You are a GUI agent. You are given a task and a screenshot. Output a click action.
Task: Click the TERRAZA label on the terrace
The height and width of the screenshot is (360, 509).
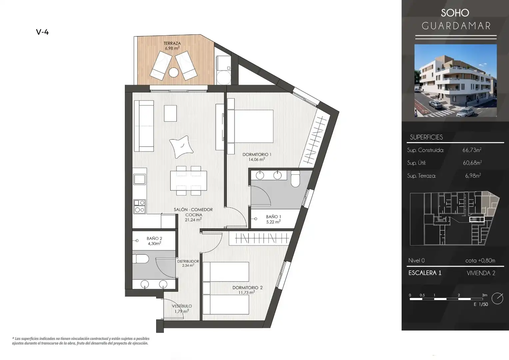[x=172, y=43]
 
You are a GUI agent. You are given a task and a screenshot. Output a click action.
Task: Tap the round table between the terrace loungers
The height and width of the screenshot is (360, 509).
[x=174, y=73]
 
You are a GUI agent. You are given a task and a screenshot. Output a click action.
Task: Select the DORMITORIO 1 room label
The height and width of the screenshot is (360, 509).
[x=257, y=154]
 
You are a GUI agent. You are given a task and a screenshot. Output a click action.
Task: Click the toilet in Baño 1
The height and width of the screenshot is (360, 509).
[x=295, y=179]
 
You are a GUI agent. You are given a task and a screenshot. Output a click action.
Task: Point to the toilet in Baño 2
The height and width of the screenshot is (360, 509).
[x=141, y=259]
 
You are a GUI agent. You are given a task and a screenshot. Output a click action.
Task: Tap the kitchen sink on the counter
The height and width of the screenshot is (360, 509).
[x=140, y=180]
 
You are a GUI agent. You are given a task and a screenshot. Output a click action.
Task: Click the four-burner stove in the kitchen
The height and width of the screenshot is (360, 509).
[x=140, y=206]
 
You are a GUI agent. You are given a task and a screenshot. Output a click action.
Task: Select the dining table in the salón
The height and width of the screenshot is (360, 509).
[x=189, y=181]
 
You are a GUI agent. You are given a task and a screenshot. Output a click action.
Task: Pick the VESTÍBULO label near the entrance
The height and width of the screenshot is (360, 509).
[x=182, y=306]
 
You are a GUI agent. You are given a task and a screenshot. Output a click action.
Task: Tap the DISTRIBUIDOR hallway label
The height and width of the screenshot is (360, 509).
[x=188, y=261]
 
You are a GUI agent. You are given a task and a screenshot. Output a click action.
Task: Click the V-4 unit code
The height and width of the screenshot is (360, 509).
[x=42, y=32]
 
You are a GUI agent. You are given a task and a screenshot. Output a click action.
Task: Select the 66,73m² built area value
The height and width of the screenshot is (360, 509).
[x=472, y=150]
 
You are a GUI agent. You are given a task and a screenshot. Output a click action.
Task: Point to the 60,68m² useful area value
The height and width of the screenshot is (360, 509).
[x=472, y=163]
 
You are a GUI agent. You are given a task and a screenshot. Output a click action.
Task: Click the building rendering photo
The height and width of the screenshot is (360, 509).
[x=456, y=81]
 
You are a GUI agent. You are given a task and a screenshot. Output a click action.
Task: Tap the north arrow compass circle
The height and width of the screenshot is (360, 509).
[x=497, y=298]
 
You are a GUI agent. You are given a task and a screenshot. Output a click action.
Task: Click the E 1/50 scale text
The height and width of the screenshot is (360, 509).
[x=481, y=304]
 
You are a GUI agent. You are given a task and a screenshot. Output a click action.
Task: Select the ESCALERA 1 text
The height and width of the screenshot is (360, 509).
[x=425, y=273]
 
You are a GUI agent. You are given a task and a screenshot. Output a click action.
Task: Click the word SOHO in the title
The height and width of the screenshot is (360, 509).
[x=455, y=13]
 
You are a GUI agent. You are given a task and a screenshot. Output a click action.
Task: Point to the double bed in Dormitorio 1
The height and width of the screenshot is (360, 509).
[x=250, y=126]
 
